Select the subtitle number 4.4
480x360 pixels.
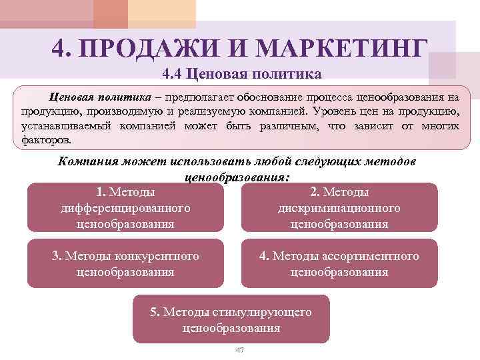pos(173,73)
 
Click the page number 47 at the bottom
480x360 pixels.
pos(240,351)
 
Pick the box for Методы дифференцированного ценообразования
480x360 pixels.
pos(126,207)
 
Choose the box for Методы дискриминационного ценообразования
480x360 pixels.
pos(339,207)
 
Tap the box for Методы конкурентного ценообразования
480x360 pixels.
pos(126,264)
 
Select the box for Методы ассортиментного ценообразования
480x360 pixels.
pos(339,264)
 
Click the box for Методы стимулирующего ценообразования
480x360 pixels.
pos(231,320)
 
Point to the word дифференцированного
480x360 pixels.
pos(125,208)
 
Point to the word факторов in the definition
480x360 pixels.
pos(41,140)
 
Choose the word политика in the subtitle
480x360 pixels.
pos(288,73)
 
